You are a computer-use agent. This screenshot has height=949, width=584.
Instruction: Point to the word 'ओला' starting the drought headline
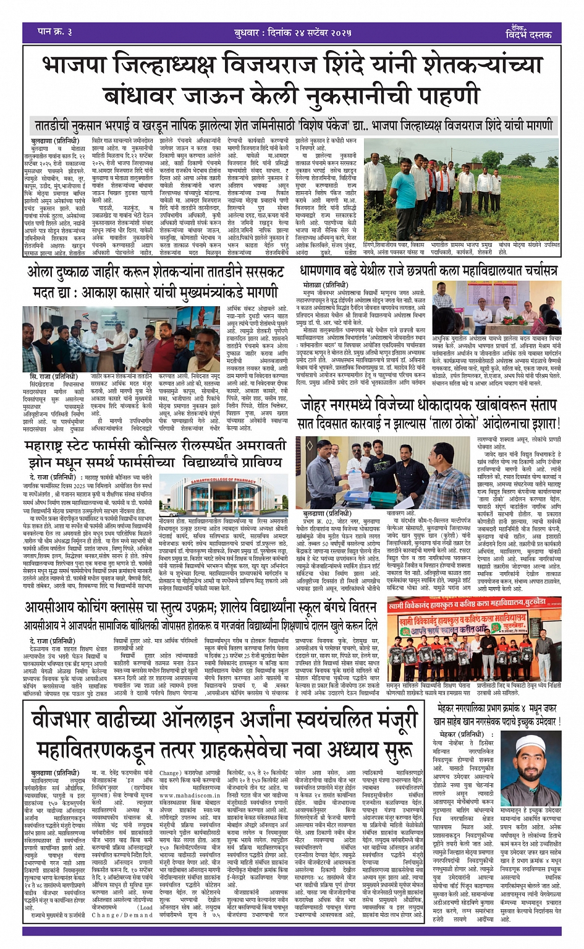coord(43,272)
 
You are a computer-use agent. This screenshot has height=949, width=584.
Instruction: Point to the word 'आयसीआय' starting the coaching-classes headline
coord(56,610)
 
